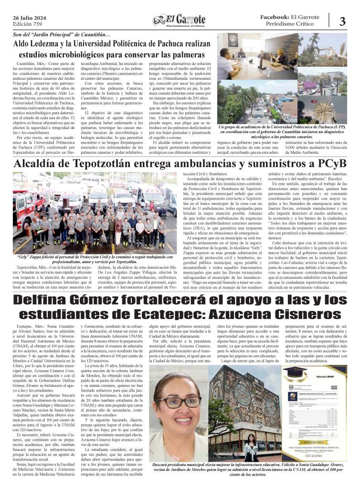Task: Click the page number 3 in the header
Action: [x=342, y=21]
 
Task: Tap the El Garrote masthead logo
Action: [x=180, y=20]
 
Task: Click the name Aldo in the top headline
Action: [x=24, y=44]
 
